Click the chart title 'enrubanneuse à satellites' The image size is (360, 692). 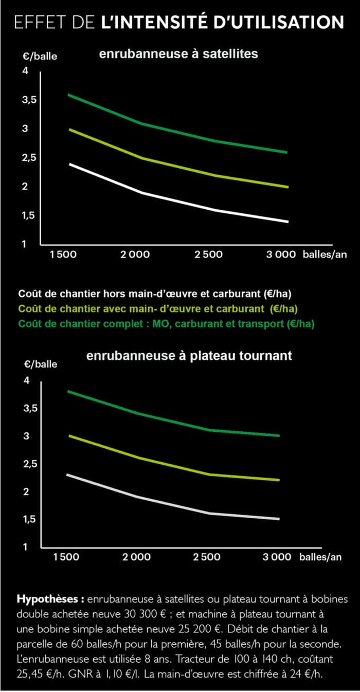178,53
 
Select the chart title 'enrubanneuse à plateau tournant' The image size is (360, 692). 189,355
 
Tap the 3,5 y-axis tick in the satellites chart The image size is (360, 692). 29,100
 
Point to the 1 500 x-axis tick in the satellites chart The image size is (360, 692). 64,254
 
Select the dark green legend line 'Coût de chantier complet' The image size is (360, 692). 167,324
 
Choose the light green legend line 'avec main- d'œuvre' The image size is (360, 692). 158,309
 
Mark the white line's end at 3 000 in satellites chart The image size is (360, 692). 287,222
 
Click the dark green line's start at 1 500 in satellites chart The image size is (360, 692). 69,95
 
